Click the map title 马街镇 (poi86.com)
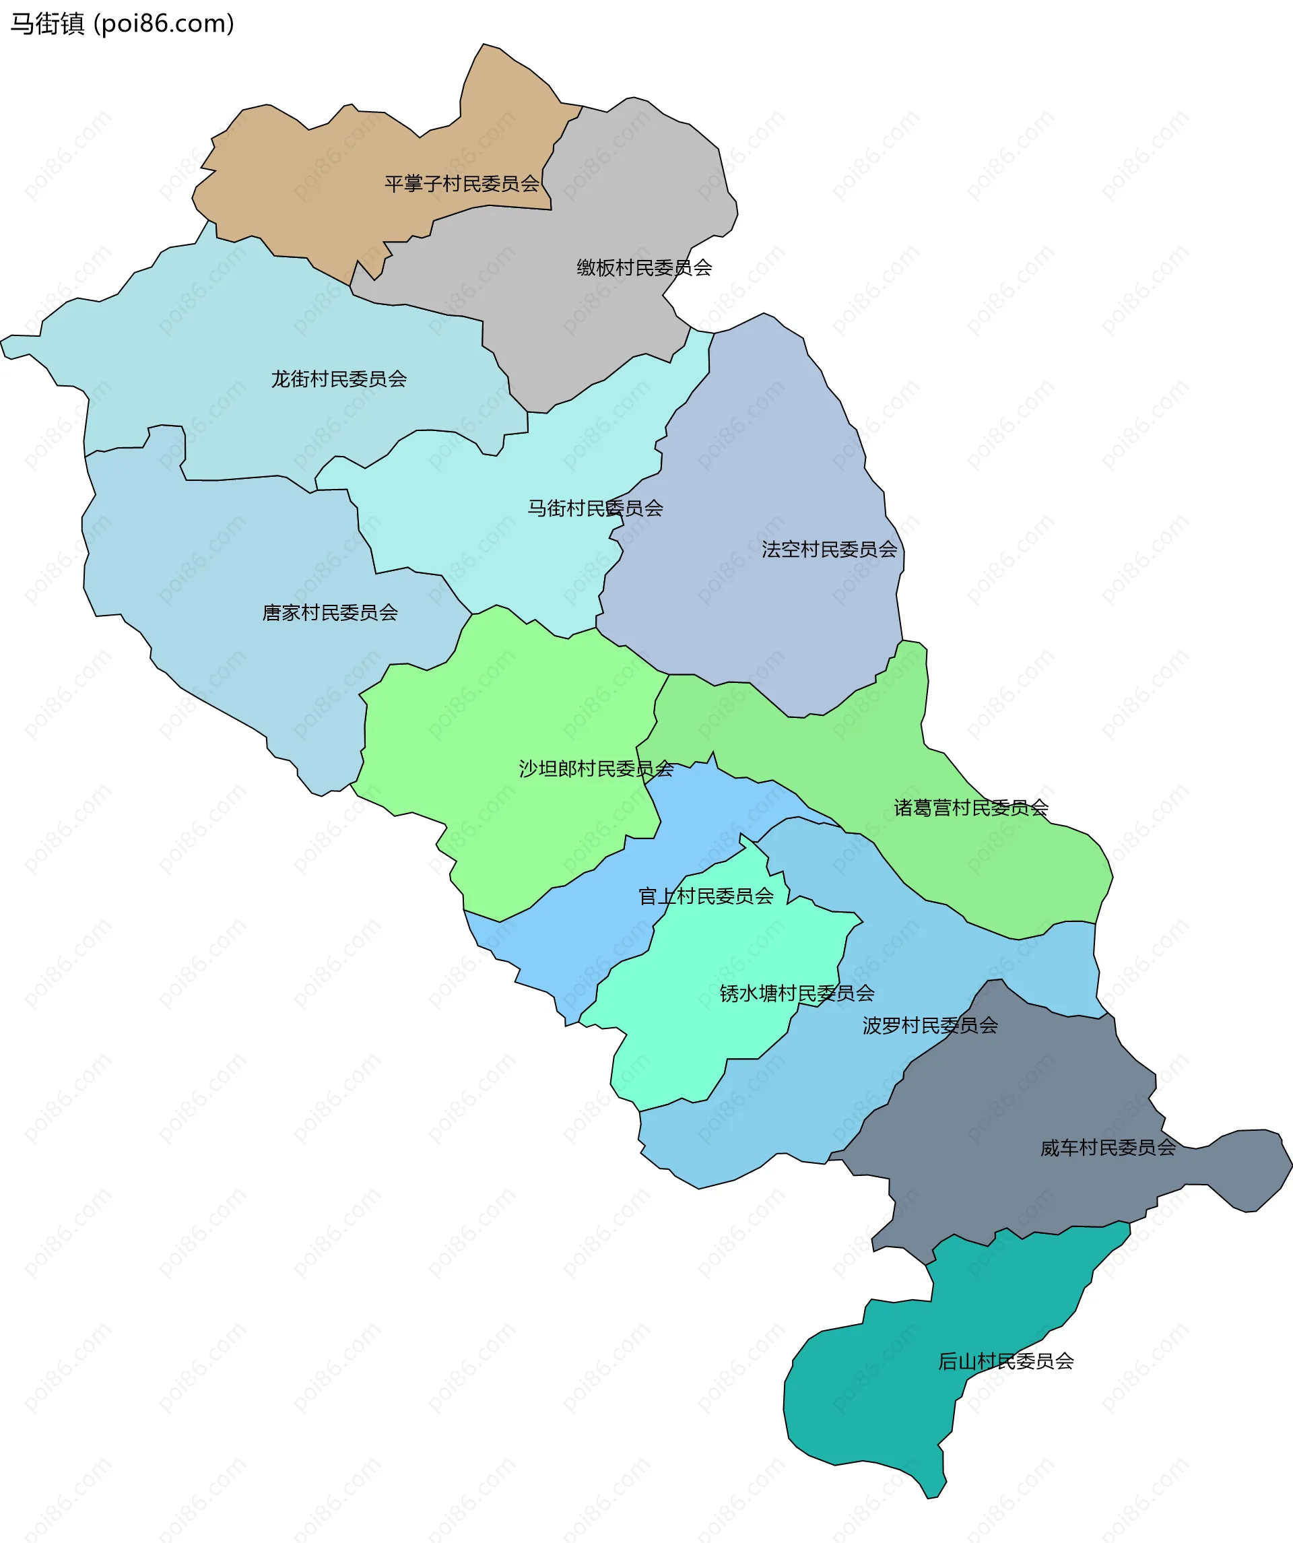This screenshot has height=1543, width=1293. coord(122,24)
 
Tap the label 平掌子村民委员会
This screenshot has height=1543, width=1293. coord(461,183)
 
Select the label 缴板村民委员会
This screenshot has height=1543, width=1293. coord(644,267)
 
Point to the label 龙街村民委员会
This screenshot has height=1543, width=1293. coord(339,379)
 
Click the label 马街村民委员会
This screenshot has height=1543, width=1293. coord(595,508)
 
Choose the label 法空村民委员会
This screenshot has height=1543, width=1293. coord(829,549)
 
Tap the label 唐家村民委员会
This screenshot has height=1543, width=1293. coord(330,612)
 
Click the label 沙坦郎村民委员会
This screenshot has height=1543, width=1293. coord(596,768)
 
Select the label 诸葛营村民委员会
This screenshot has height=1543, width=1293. coord(970,808)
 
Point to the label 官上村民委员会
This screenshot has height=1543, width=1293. coord(705,896)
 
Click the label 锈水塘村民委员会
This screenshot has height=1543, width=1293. coord(797,993)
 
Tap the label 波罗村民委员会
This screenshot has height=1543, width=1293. coord(929,1025)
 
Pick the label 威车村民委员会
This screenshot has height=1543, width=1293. coord(1107,1148)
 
